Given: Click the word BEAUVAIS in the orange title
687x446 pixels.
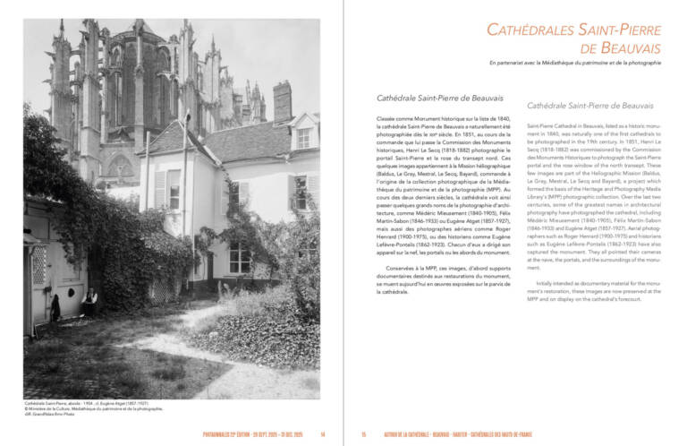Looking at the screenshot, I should (627, 47).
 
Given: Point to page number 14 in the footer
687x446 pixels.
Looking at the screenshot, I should (322, 435).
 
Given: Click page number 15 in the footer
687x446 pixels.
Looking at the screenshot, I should (364, 435).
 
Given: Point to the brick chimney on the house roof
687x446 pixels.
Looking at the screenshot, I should (283, 100).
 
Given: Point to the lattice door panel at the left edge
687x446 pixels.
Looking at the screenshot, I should (38, 264).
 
